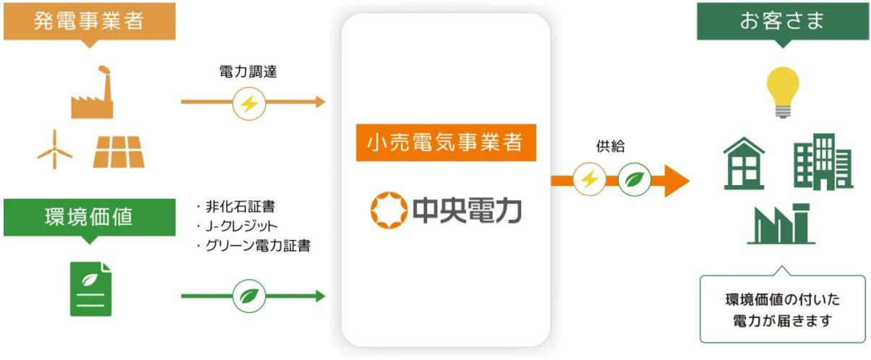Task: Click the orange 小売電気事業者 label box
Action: point(446,142)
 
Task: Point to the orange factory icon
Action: point(93,93)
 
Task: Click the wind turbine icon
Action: point(55,150)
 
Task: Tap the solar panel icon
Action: point(119,152)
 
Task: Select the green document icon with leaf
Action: point(90,289)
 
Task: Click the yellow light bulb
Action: point(783,93)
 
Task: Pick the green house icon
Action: point(744,163)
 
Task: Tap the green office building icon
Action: point(823,162)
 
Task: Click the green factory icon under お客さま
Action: point(781,224)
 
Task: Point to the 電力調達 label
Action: point(248,72)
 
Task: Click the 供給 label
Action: point(611,146)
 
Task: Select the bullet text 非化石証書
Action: point(240,207)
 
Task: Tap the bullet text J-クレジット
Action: point(241,226)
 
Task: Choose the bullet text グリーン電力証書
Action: point(258,245)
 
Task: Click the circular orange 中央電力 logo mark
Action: point(388,210)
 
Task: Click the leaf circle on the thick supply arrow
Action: point(634,179)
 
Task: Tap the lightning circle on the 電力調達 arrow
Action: point(249,103)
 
